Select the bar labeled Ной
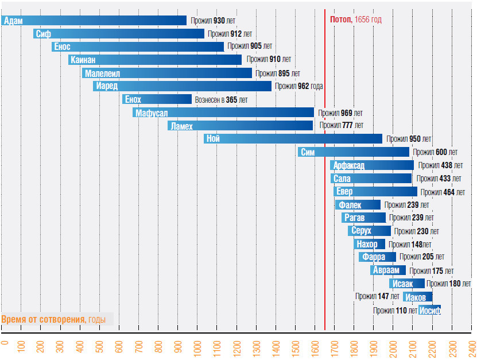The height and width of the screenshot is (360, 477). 293,138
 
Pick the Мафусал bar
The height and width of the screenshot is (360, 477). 223,113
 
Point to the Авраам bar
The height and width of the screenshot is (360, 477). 388,270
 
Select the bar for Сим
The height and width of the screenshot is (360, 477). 354,152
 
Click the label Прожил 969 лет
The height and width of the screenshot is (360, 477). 340,113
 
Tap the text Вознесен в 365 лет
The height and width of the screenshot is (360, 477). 222,100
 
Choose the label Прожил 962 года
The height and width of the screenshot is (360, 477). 298,86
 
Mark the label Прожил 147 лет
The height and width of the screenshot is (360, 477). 377,297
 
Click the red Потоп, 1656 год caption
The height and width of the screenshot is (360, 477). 356,20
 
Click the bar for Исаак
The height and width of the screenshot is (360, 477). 406,284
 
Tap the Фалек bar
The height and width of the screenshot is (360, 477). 358,204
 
